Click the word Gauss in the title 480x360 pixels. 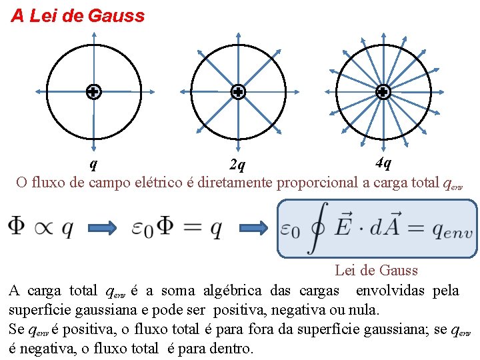pos(115,16)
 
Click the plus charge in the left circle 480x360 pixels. pos(93,92)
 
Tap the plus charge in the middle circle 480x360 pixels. pos(238,92)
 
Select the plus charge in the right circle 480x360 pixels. pos(383,92)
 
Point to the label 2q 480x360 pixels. pos(237,164)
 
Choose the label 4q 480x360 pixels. pos(383,162)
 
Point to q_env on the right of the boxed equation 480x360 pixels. pos(452,231)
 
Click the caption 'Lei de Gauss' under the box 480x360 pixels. pos(376,270)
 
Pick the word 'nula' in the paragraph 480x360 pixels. pos(364,310)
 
